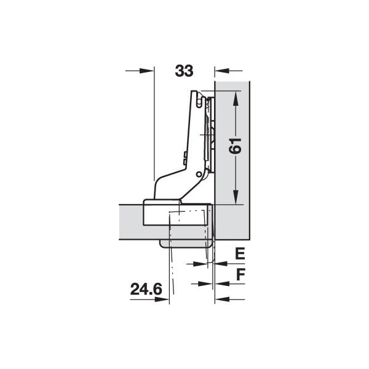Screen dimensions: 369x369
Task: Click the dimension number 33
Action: tap(184, 71)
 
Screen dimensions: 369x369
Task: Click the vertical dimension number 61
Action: tap(236, 146)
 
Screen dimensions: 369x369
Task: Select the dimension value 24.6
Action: tap(146, 289)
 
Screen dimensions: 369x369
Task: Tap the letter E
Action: tap(240, 253)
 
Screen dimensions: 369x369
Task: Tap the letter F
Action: tap(240, 274)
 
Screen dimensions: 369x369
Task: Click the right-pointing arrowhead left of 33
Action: tap(147, 71)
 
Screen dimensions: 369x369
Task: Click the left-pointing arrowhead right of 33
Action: tap(221, 71)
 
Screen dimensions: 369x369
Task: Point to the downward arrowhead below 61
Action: tap(236, 197)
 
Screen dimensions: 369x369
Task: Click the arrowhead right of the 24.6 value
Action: tap(162, 300)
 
